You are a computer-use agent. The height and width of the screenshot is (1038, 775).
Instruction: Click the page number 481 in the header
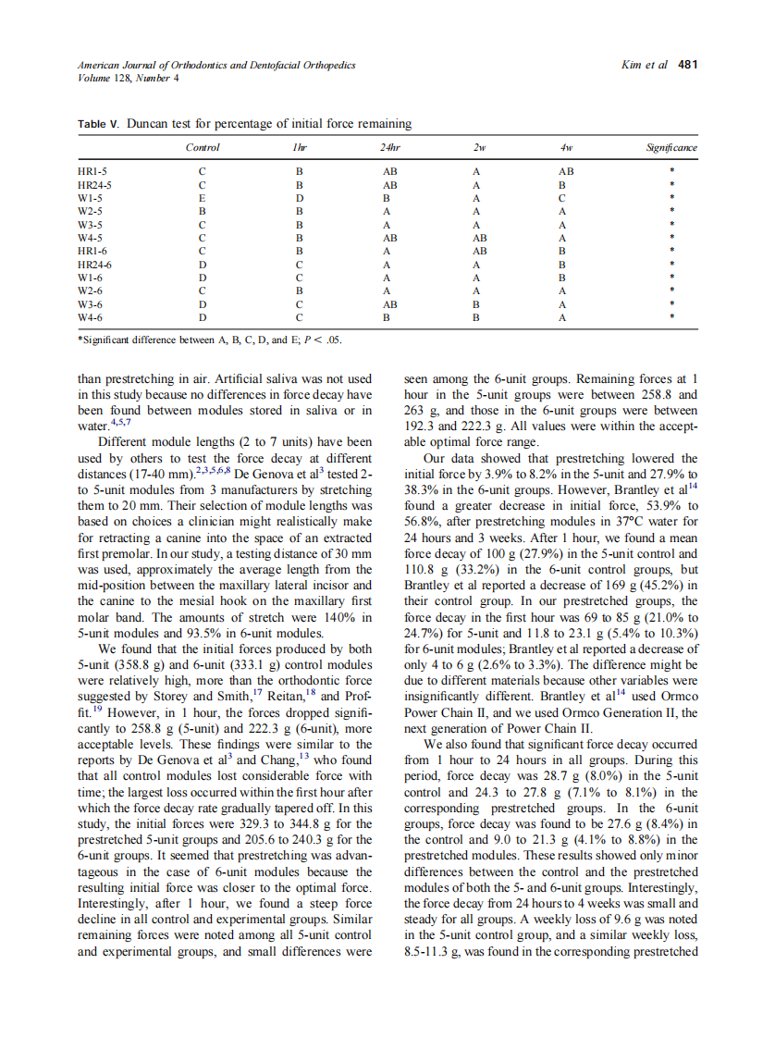(x=687, y=65)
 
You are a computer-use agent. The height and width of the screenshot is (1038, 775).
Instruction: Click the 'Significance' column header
(x=670, y=148)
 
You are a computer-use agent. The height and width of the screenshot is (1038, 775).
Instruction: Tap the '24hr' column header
(x=389, y=148)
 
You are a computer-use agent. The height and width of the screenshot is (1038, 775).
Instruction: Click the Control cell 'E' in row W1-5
(x=202, y=198)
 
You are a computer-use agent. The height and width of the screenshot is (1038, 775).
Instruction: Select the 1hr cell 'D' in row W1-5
(x=299, y=198)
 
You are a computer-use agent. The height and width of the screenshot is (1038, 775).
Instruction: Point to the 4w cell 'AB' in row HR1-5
(x=566, y=171)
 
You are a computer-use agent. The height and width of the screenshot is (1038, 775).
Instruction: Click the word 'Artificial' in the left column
(x=235, y=378)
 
